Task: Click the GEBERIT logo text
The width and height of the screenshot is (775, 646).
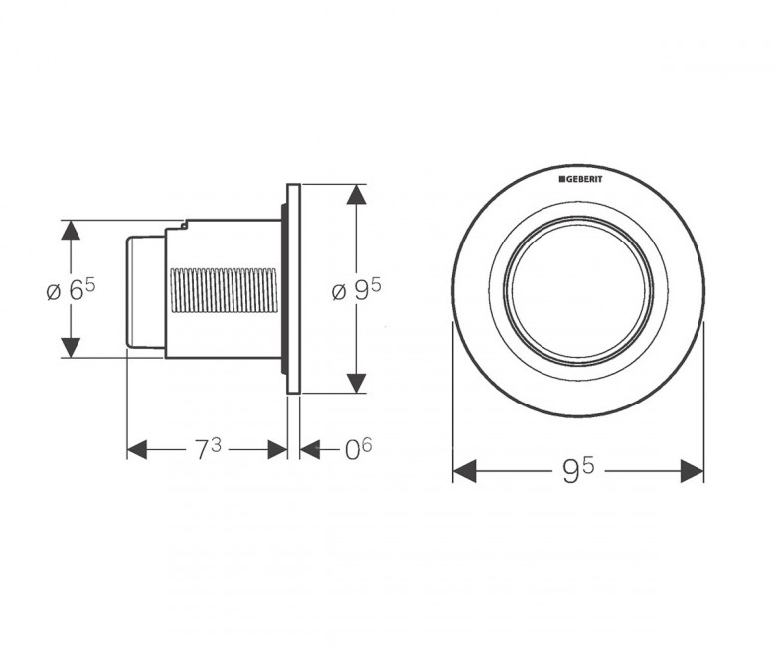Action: pos(581,179)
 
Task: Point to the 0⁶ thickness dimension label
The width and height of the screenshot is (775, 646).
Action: pos(358,449)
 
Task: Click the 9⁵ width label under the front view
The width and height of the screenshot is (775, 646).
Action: pos(578,470)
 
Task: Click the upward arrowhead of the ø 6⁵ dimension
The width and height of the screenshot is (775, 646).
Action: pos(71,230)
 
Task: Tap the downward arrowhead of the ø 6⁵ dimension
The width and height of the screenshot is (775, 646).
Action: pos(71,347)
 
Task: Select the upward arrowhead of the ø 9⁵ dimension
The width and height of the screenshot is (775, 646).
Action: pos(357,194)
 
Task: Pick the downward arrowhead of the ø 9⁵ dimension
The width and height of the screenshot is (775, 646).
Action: pos(357,383)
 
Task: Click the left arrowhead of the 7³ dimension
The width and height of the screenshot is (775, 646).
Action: pos(137,450)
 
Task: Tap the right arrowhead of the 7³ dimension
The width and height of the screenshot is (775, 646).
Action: pos(277,450)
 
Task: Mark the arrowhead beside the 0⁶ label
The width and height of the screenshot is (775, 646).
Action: pos(310,450)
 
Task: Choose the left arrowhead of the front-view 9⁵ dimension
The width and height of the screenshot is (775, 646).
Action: pos(465,471)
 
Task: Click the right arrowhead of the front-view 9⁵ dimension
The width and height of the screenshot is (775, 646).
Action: pos(692,471)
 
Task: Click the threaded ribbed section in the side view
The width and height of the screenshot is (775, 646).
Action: pos(224,290)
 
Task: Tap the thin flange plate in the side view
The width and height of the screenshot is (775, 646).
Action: pos(293,288)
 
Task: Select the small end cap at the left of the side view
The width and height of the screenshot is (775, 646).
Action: pos(145,291)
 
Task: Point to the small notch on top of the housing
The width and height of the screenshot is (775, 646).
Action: pos(184,225)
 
